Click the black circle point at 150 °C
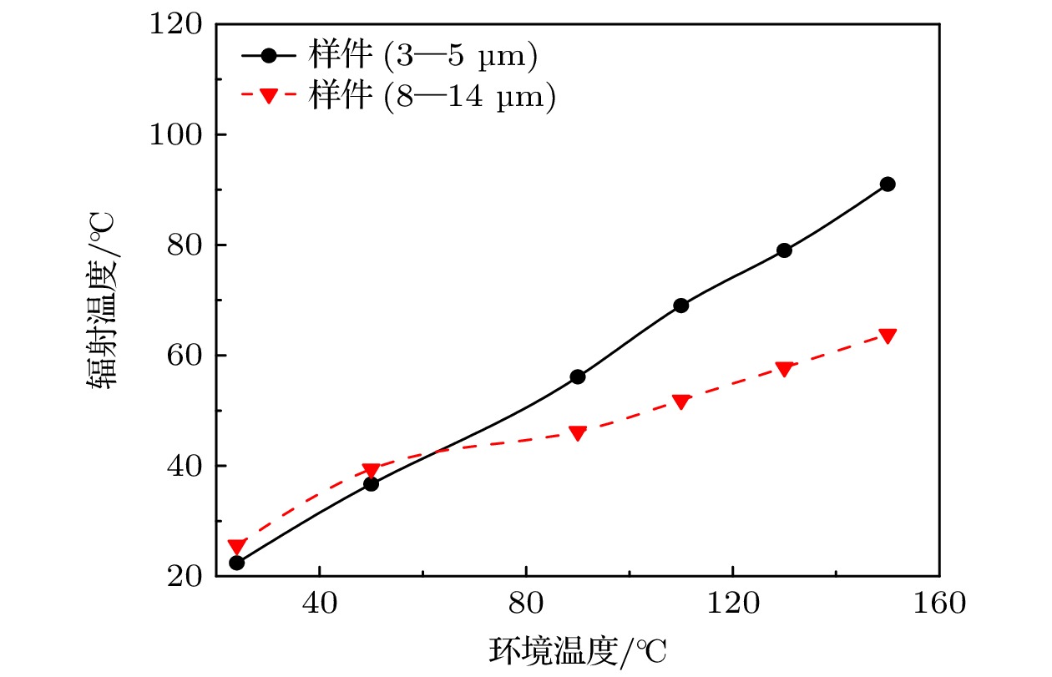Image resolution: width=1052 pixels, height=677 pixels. point(888,184)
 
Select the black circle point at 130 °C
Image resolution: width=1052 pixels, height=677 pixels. point(784,250)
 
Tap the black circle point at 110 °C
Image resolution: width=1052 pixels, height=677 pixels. point(681,306)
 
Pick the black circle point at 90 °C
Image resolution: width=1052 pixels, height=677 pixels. point(578,376)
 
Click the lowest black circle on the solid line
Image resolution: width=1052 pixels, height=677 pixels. point(237,563)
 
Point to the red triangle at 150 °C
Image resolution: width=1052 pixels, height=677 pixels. point(888,336)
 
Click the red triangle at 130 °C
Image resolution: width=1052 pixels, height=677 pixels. point(784,369)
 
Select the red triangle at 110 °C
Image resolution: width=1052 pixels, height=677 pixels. point(681,402)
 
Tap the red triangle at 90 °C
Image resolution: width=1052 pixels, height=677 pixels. point(578,432)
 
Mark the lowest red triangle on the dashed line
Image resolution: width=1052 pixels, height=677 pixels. point(237,547)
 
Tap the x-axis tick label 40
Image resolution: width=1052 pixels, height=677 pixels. point(321,603)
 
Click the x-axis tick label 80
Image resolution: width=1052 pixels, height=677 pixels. point(527,603)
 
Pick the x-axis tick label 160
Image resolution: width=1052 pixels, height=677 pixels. point(938,603)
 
